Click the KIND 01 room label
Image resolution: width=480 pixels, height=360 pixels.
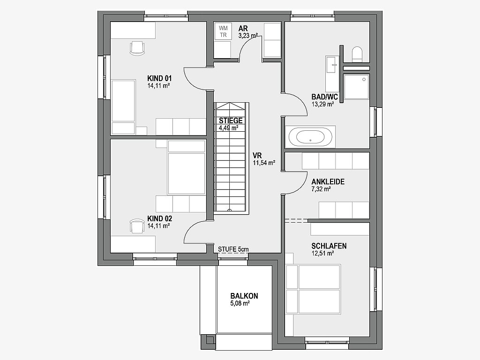coord(159,78)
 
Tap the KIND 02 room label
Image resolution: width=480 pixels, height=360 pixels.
coord(159,218)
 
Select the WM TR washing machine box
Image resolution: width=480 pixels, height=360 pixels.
coord(223,31)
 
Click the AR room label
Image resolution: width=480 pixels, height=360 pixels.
coord(243,29)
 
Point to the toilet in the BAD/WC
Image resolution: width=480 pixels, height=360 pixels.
coord(357,54)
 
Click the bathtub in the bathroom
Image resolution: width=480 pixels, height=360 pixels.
coord(310,137)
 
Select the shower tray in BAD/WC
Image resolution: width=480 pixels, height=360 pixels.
coord(356,87)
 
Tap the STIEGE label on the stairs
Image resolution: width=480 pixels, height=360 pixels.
coord(231,120)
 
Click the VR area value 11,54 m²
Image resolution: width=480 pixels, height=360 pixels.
coord(263,163)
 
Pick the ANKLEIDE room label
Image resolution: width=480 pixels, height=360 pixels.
coord(328,182)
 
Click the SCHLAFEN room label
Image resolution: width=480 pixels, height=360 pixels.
coord(329,246)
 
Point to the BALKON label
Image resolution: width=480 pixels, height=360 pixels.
coord(244,296)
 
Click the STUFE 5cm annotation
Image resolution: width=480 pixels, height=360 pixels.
coord(233,249)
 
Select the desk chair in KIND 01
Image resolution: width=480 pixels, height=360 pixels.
coord(137,48)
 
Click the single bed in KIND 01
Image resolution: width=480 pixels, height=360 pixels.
coord(123,107)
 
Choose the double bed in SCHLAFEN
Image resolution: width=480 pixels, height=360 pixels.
coord(313,289)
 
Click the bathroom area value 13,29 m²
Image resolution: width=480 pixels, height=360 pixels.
coord(322,104)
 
